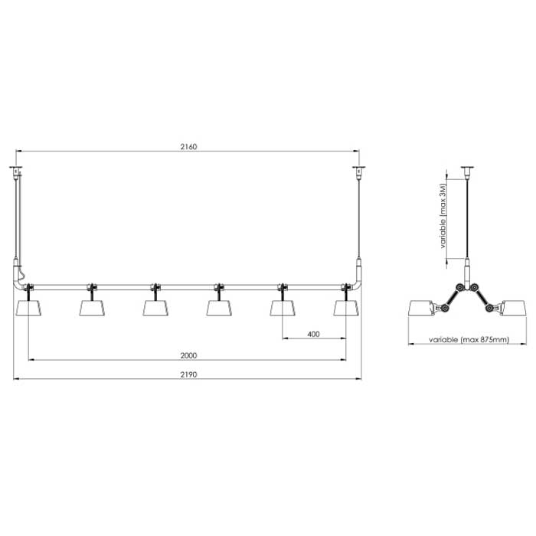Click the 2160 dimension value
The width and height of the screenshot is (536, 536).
point(188,146)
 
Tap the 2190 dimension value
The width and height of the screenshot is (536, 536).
point(188,374)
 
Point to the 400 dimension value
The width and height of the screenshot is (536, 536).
point(313,334)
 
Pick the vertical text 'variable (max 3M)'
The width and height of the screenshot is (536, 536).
point(443,217)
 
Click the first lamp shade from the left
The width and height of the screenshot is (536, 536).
point(28,307)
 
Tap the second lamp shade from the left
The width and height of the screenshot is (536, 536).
point(92,307)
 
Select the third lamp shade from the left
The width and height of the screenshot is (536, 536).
point(155,307)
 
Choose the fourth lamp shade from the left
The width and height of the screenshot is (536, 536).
point(219,307)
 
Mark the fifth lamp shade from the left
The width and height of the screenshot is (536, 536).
point(283,307)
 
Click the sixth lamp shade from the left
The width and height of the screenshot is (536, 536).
point(346,307)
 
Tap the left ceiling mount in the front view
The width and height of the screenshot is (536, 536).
point(16,168)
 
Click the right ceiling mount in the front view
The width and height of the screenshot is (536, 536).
point(356,168)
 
